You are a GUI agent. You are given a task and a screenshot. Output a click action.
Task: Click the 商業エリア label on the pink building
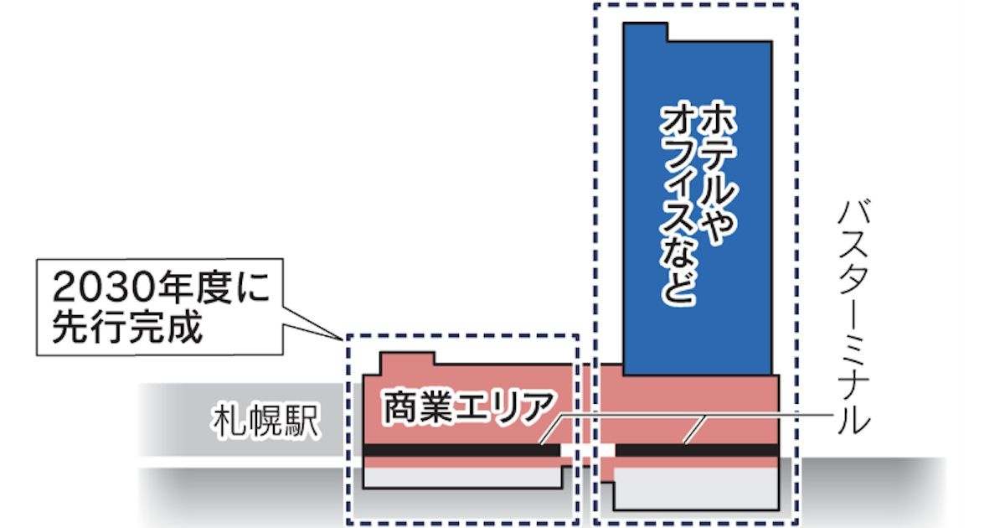[468, 407]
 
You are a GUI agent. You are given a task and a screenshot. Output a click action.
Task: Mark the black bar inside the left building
[461, 450]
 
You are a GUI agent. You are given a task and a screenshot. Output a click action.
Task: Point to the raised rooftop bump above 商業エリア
[407, 361]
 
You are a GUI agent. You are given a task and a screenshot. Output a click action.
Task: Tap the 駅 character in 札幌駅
[301, 422]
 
